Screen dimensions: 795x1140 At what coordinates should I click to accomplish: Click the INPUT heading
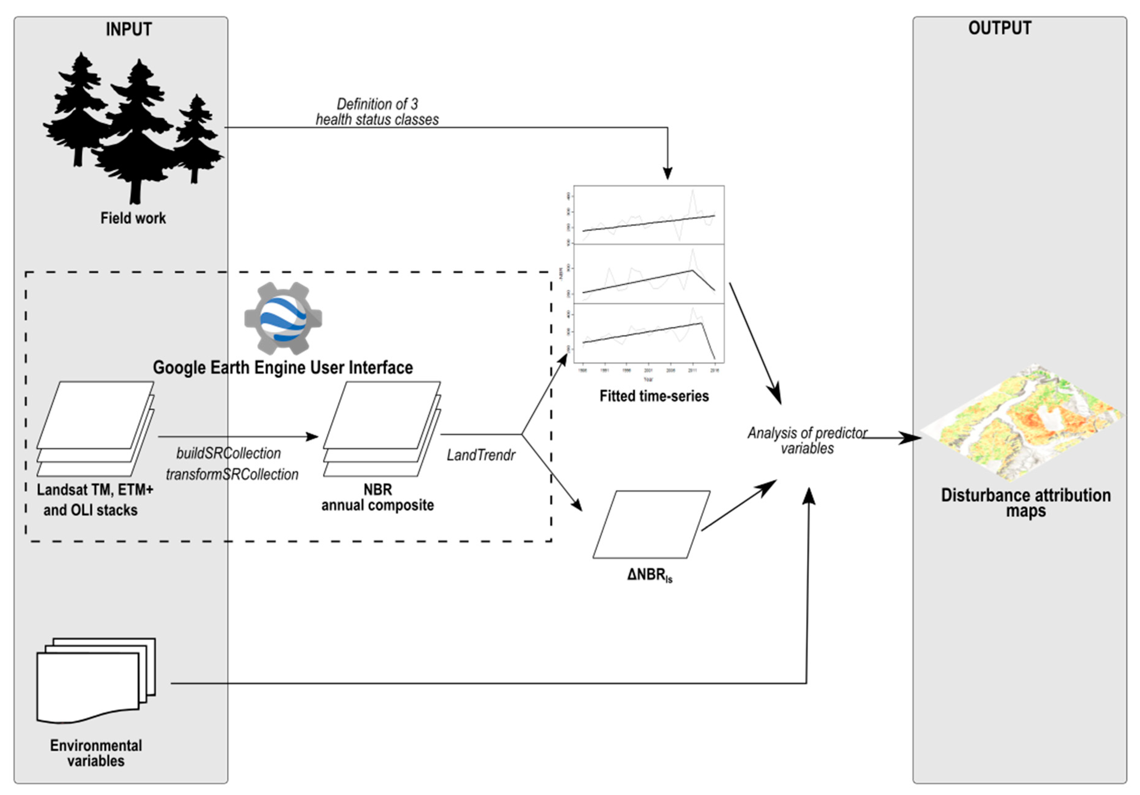tap(129, 29)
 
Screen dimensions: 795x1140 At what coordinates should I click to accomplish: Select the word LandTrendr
tap(481, 455)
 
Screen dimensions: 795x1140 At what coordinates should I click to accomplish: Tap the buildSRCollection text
tap(228, 453)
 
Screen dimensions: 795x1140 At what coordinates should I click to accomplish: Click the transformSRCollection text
tap(232, 474)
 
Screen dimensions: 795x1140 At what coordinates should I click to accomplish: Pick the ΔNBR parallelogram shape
tap(651, 525)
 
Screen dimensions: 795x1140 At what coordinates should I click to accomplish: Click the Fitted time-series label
tap(654, 396)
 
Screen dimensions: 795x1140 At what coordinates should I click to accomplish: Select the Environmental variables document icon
tap(96, 681)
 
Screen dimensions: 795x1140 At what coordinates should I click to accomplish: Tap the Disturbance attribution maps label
tap(1026, 503)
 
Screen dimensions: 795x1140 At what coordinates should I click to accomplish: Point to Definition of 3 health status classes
tap(377, 112)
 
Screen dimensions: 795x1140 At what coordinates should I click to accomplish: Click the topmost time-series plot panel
tap(648, 215)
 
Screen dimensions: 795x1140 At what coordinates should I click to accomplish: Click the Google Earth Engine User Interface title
tap(283, 368)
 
